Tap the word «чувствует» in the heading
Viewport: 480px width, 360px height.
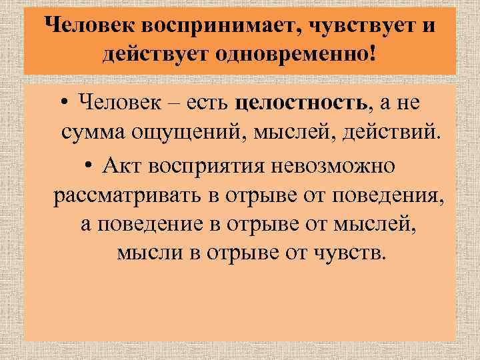(353, 26)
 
